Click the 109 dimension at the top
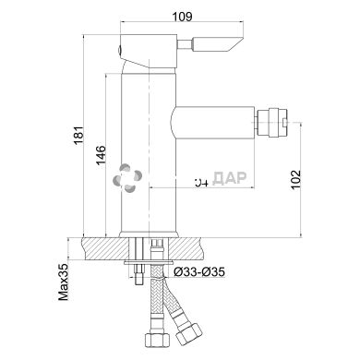click(x=182, y=17)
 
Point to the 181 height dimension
click(x=78, y=136)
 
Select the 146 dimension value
click(x=101, y=155)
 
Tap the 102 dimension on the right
click(x=295, y=180)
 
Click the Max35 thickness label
click(x=64, y=282)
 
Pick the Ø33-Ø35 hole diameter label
click(x=199, y=272)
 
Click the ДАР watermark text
click(x=230, y=178)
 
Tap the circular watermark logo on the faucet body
click(x=127, y=177)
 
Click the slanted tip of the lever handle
click(x=237, y=42)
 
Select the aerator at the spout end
click(x=272, y=123)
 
